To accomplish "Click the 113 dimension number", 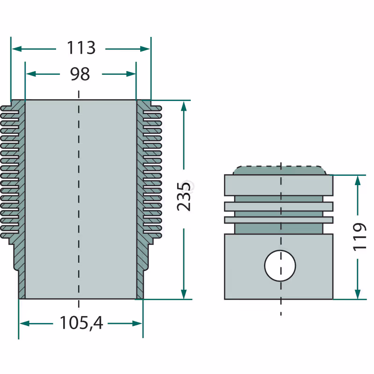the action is pos(81,48).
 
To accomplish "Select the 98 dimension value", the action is pos(80,74).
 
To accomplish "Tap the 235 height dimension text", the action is pos(184,196).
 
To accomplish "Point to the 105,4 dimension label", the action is pos(81,323).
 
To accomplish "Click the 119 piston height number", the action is pos(359,237).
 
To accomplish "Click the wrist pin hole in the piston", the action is pos(280,266).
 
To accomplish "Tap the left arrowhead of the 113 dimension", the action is pos(17,49).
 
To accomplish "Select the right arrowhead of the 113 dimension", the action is pos(145,49).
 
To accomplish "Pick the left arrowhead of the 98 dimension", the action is pos(31,74).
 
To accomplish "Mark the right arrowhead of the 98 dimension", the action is pos(131,74).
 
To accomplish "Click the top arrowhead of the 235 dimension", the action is pos(184,106).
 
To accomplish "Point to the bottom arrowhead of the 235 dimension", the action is pos(184,294).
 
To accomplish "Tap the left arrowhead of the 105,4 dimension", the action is pos(24,324).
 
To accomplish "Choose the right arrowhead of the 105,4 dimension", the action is pos(137,324).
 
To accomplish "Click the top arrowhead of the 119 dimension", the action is pos(357,180).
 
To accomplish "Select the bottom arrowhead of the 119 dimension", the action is pos(357,294).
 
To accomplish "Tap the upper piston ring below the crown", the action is pos(279,207).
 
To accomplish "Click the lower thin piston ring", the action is pos(279,220).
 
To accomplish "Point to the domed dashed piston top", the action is pos(280,170).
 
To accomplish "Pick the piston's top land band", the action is pos(279,185).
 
